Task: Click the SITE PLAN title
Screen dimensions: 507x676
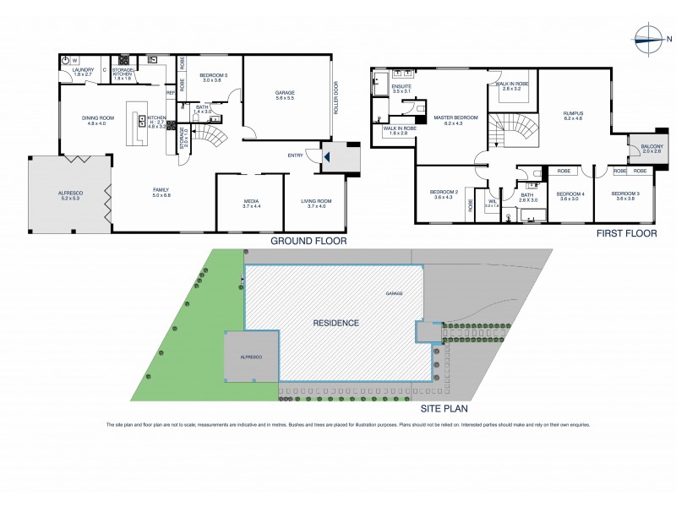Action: coord(444,409)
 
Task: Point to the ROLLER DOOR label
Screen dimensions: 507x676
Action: coord(335,98)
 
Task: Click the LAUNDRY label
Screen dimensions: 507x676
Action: coord(82,70)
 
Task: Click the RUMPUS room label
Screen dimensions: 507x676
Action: coord(575,115)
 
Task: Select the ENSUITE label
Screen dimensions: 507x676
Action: coord(401,87)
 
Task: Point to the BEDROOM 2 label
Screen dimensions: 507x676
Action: coord(444,194)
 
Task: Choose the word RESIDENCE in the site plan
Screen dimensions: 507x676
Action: coord(336,323)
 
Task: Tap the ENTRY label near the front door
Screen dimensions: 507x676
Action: coord(295,155)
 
